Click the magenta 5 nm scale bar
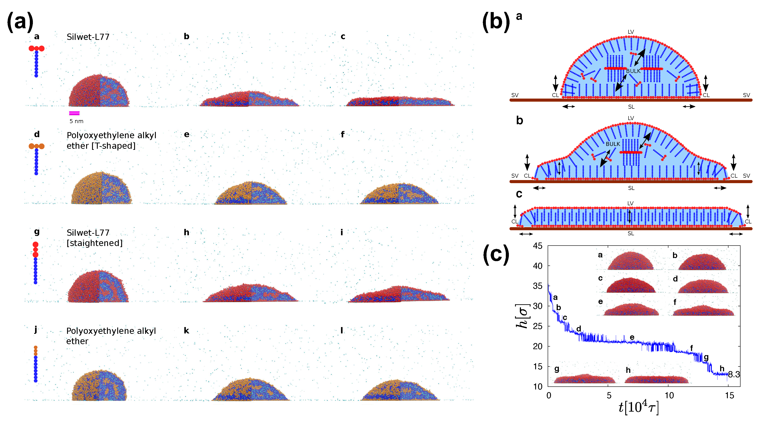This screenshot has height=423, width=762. [74, 113]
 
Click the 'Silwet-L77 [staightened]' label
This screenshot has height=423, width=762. [94, 238]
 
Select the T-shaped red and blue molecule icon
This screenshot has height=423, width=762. [36, 61]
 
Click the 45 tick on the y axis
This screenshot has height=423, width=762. [538, 246]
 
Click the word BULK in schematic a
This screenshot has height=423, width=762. [633, 71]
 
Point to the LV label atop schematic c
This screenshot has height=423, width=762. [630, 203]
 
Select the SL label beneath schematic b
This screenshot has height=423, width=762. [631, 188]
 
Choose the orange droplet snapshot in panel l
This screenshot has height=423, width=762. [399, 390]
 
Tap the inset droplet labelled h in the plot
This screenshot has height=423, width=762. [656, 379]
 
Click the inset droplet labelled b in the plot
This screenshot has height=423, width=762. [702, 262]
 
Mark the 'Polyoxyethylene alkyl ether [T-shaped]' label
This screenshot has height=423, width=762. [111, 140]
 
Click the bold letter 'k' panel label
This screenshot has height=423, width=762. [186, 331]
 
